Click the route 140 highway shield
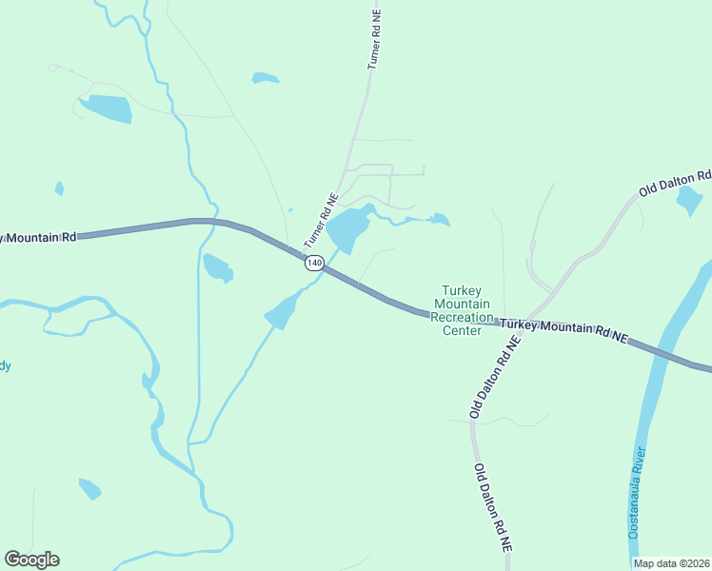pos(314,262)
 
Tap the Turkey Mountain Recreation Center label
pos(463,310)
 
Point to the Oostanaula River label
pos(637,492)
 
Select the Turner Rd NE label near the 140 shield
pos(321,222)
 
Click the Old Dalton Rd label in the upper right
pos(675,183)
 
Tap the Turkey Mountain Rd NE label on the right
pos(564,329)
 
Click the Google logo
pos(31,560)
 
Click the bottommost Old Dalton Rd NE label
pos(493,508)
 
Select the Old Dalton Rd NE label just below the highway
pos(492,377)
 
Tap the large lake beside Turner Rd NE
pos(348,228)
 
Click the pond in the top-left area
pos(105,108)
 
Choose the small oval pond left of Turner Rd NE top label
pos(265,78)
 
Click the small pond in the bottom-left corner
pos(89,489)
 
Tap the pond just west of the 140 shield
pos(217,267)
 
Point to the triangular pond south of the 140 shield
pos(281,311)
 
